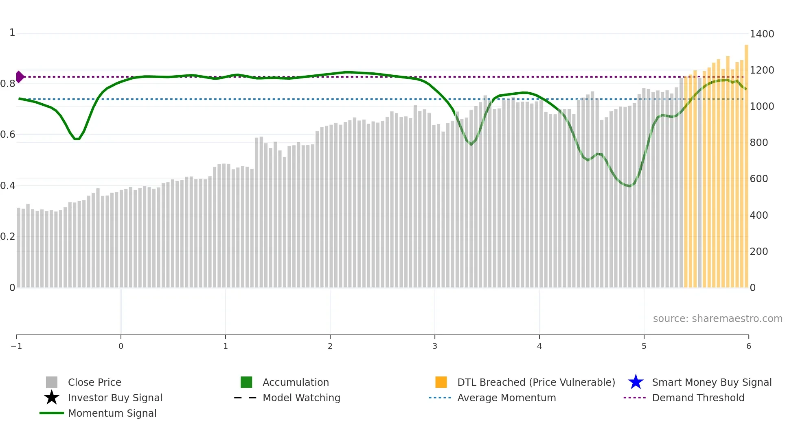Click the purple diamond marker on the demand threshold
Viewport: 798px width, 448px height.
[x=20, y=76]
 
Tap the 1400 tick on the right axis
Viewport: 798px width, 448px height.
[x=762, y=34]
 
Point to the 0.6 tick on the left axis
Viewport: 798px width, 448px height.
[x=8, y=135]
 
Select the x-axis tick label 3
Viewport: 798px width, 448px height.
[x=434, y=346]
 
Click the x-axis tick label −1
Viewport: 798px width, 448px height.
[x=16, y=346]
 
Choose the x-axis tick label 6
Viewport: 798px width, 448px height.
[x=748, y=346]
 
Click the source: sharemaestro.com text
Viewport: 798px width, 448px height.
[x=717, y=319]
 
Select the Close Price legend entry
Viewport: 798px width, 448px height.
[x=94, y=383]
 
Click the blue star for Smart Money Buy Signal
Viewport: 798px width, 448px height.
[x=636, y=382]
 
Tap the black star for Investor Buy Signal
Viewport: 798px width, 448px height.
[x=52, y=398]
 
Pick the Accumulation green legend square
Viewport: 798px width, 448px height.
[x=246, y=382]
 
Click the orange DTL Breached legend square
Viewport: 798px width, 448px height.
[x=441, y=382]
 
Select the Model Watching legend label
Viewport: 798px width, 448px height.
[x=301, y=398]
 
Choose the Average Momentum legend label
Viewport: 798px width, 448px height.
[x=506, y=398]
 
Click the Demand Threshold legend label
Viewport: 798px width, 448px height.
[x=698, y=398]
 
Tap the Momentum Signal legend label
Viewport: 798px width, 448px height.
[x=112, y=413]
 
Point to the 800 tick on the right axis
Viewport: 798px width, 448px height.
[x=759, y=143]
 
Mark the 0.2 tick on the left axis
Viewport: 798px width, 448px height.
[x=8, y=237]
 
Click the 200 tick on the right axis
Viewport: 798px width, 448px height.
[x=759, y=252]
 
